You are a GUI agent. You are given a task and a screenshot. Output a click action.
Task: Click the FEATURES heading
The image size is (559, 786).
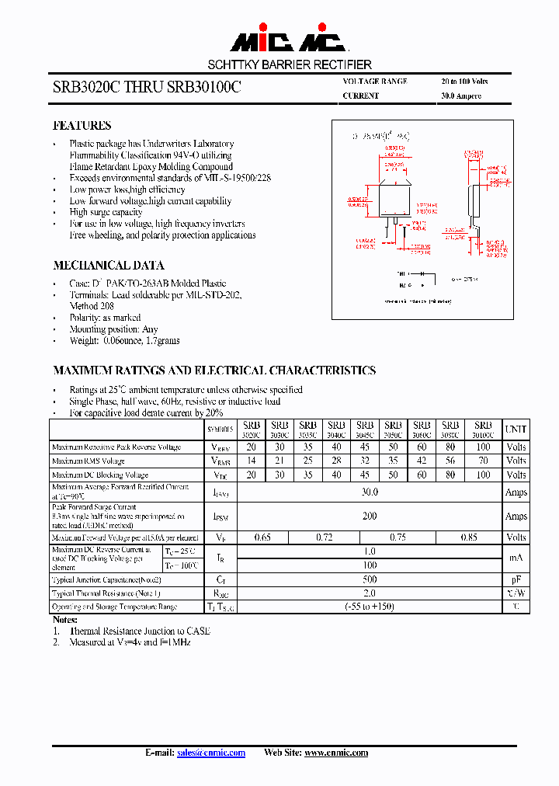pyautogui.click(x=82, y=126)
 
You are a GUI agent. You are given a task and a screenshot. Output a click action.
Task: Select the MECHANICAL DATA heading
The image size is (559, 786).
pyautogui.click(x=108, y=265)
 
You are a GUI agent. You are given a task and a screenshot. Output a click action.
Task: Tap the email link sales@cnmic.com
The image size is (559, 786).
pyautogui.click(x=211, y=753)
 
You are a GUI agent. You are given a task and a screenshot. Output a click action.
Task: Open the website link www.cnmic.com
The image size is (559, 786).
pyautogui.click(x=335, y=753)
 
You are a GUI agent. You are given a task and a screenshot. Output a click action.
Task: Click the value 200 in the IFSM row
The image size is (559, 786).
pyautogui.click(x=370, y=516)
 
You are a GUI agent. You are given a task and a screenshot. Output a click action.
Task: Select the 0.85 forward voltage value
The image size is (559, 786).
pyautogui.click(x=469, y=537)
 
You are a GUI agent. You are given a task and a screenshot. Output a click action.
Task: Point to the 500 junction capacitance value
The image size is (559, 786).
pyautogui.click(x=370, y=579)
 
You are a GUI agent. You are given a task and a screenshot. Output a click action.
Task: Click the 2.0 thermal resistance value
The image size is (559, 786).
pyautogui.click(x=370, y=593)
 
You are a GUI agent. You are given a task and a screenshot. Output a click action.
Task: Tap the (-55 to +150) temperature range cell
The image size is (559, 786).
pyautogui.click(x=370, y=607)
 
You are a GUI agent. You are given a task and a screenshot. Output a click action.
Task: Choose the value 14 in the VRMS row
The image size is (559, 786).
pyautogui.click(x=251, y=461)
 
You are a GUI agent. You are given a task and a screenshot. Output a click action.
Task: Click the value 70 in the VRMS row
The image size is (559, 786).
pyautogui.click(x=483, y=461)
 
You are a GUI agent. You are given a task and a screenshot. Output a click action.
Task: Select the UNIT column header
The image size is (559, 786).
pyautogui.click(x=516, y=429)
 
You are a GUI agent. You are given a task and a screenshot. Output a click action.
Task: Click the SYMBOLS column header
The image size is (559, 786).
pyautogui.click(x=220, y=430)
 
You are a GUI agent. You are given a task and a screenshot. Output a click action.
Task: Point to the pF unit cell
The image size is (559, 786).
pyautogui.click(x=516, y=579)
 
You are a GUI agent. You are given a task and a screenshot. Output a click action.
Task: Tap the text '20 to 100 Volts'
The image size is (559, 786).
pyautogui.click(x=464, y=82)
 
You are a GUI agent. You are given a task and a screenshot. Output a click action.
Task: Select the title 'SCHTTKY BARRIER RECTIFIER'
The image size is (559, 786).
pyautogui.click(x=290, y=64)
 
